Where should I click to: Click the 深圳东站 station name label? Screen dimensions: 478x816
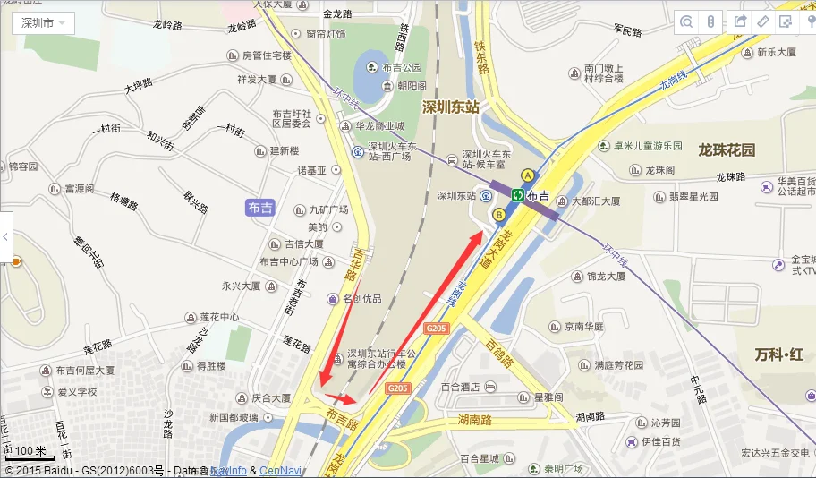450,107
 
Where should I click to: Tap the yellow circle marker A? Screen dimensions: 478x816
528,175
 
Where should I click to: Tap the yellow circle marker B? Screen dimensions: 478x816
499,215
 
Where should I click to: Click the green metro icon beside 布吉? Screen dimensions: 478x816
517,195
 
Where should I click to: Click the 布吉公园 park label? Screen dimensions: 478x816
401,67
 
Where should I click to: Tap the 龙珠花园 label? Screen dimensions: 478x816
727,149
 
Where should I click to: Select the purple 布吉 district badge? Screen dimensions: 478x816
260,208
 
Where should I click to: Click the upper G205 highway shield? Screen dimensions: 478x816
437,329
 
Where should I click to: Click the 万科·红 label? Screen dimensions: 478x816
778,355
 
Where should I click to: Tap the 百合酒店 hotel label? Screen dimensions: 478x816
461,388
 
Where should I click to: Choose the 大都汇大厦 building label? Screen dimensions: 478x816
595,201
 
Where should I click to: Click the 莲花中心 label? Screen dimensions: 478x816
218,317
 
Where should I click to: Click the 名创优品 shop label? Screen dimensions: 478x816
361,298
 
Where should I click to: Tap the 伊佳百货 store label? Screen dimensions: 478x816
660,442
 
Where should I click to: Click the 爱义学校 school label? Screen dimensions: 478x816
77,391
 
